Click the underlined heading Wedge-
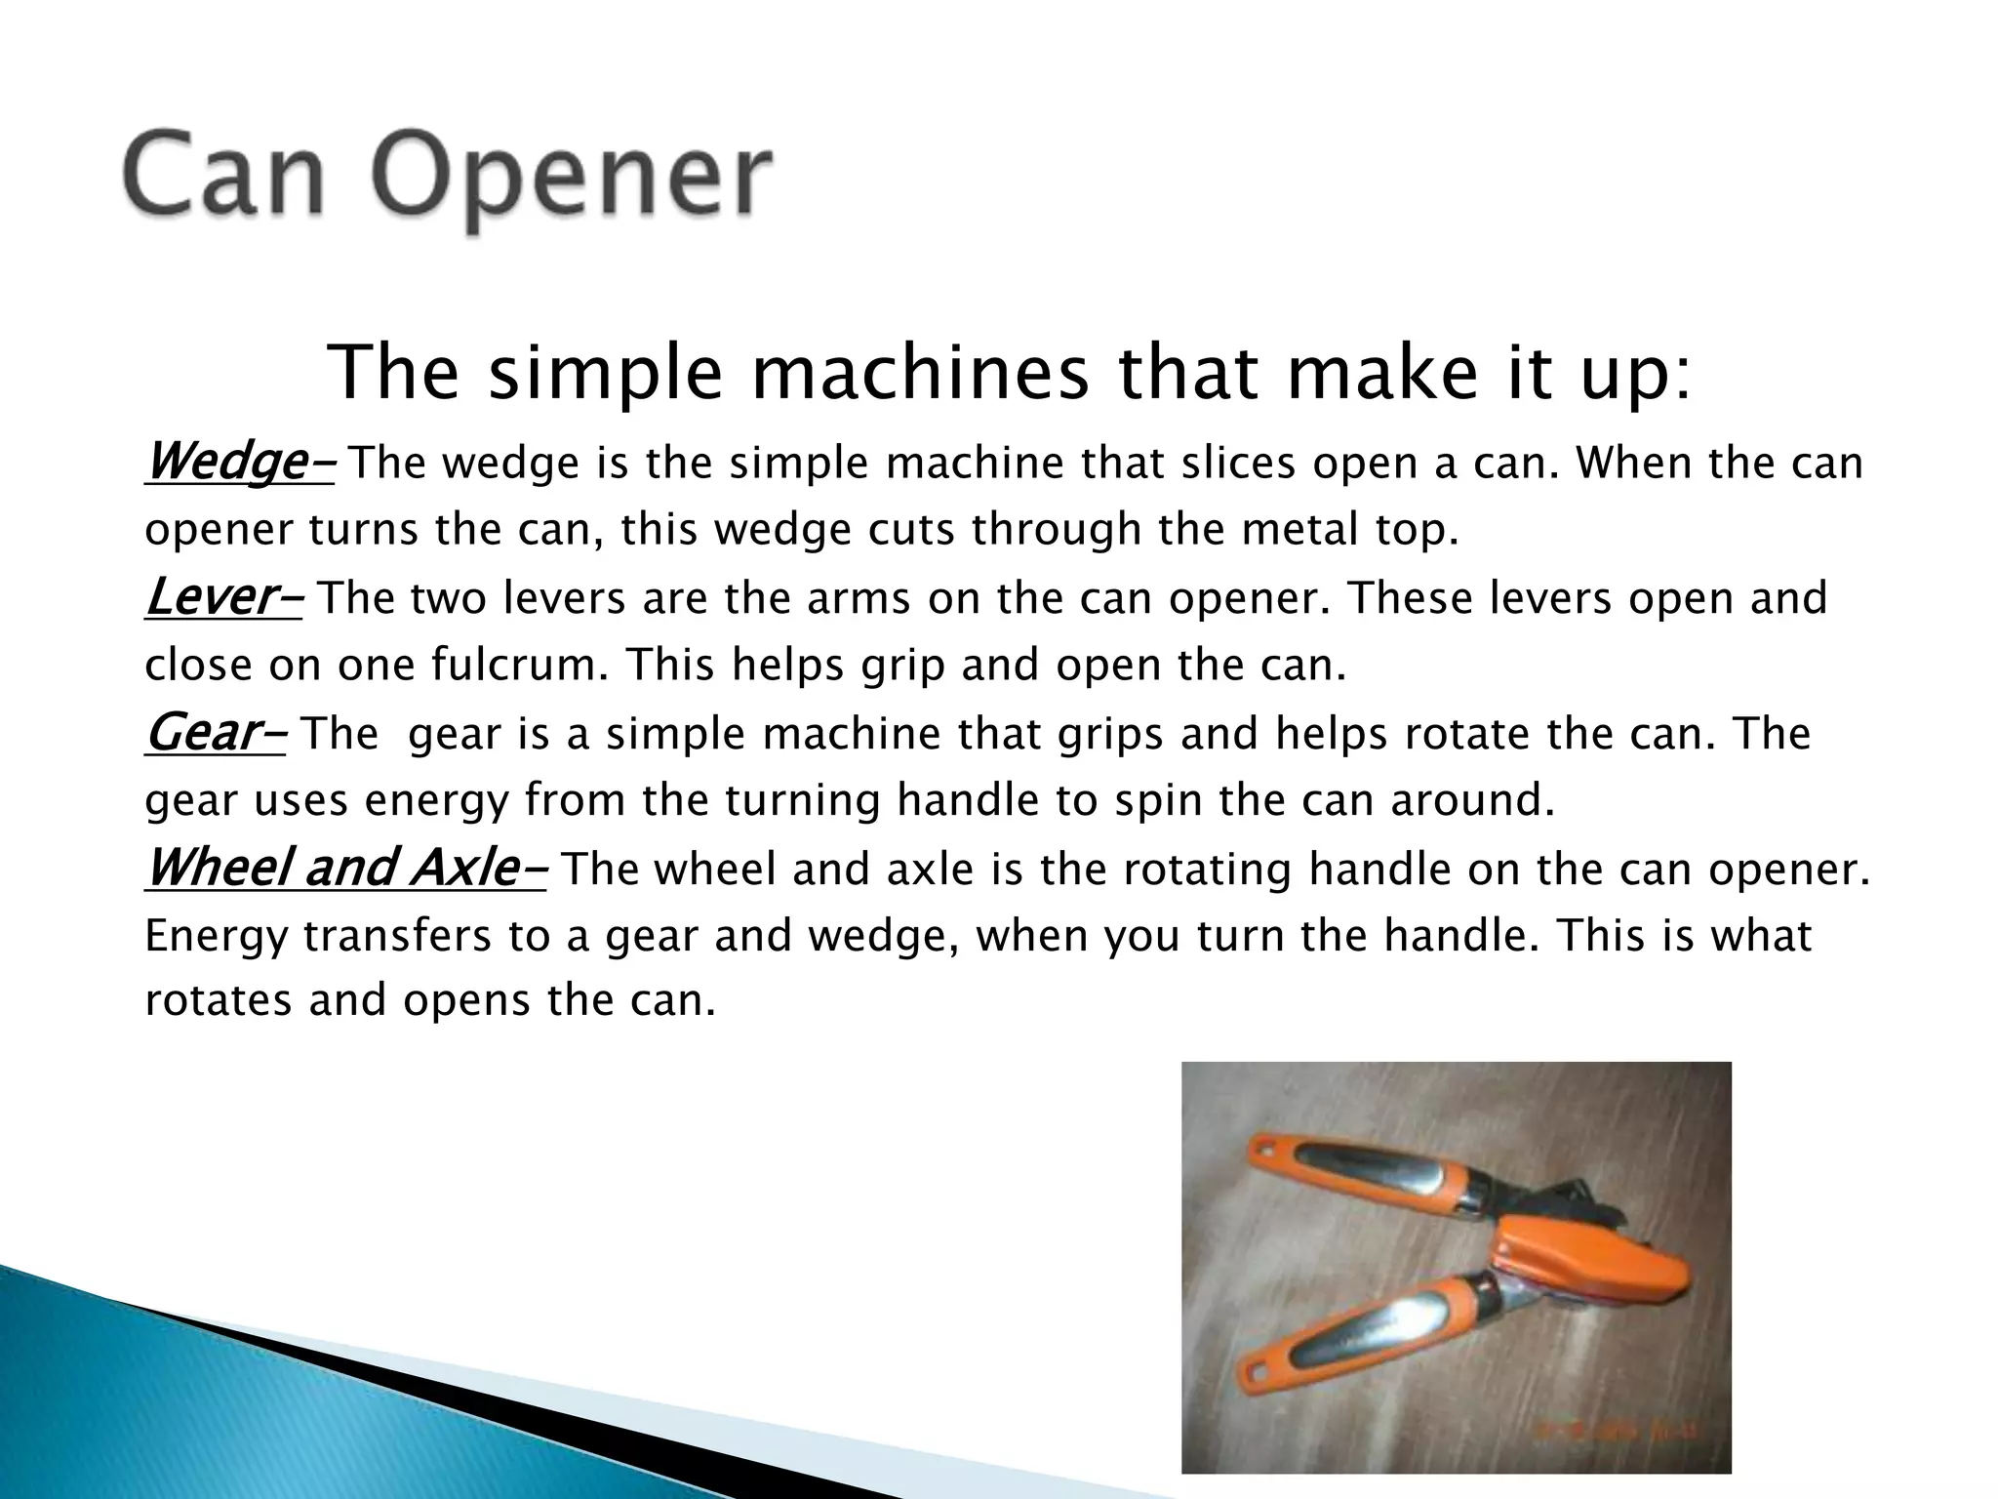(239, 461)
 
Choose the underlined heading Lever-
(223, 596)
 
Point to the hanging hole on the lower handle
(1256, 1376)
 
